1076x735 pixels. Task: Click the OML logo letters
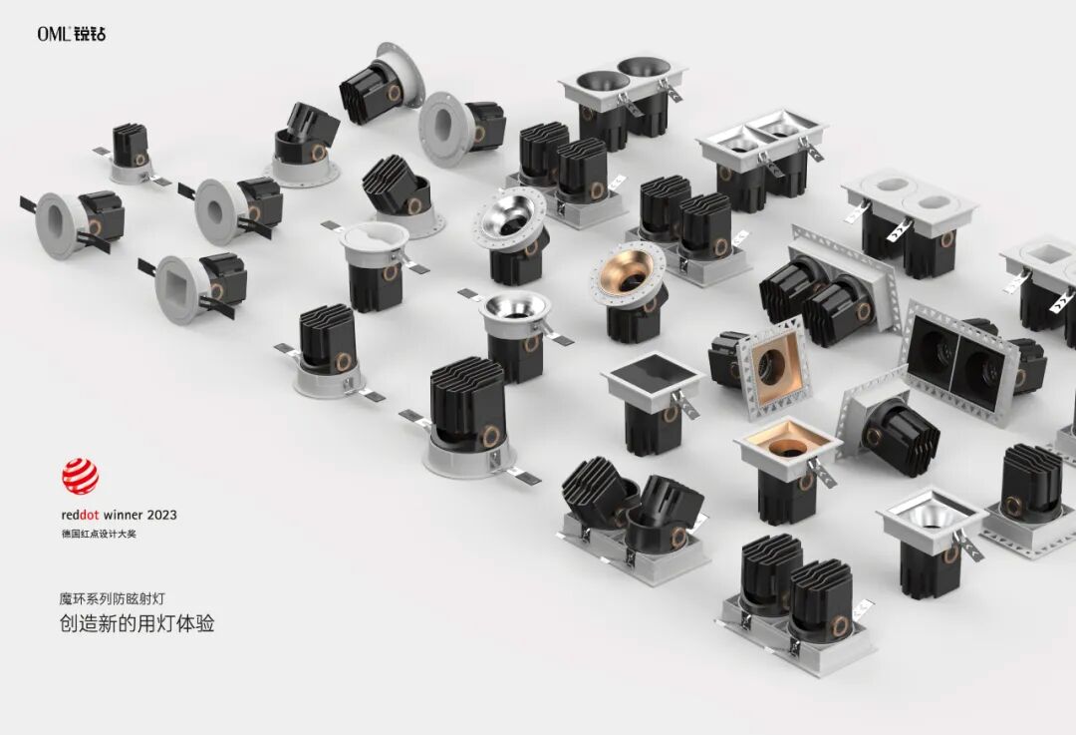click(54, 34)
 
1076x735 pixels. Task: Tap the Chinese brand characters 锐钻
click(90, 34)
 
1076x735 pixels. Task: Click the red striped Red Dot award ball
click(81, 477)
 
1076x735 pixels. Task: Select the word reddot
click(81, 515)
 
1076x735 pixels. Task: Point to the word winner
click(124, 515)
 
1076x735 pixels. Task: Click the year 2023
click(162, 515)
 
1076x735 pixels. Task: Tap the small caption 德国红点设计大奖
click(99, 534)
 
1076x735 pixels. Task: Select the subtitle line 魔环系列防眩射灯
click(112, 599)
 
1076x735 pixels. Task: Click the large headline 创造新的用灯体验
click(137, 623)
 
